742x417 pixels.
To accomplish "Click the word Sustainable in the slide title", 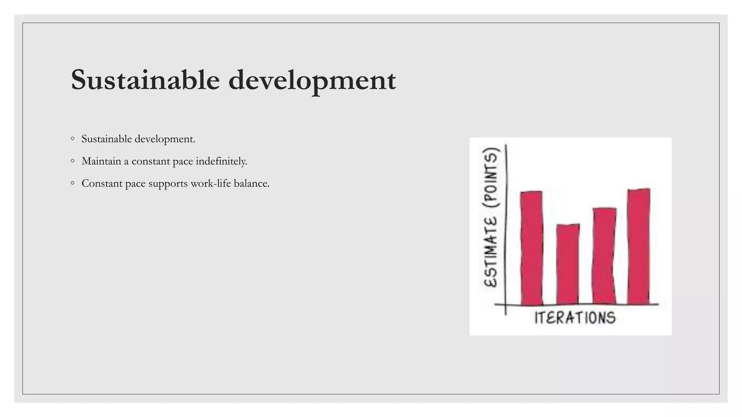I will tap(145, 80).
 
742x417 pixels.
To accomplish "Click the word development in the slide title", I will tap(312, 80).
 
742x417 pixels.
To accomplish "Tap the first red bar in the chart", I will tap(532, 248).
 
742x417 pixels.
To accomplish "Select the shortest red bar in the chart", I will tap(568, 264).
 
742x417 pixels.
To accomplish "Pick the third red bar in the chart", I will tap(604, 256).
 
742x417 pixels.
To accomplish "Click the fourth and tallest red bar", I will tap(639, 246).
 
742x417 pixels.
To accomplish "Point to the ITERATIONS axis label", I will tap(575, 317).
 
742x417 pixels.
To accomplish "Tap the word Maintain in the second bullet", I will tap(101, 161).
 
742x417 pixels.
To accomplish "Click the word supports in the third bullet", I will tap(168, 184).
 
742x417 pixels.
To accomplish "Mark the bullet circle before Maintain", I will tap(73, 161).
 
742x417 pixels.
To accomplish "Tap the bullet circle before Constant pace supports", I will tap(73, 183).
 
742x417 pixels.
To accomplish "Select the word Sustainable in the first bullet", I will tap(107, 139).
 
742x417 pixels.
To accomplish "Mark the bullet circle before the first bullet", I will tap(73, 138).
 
